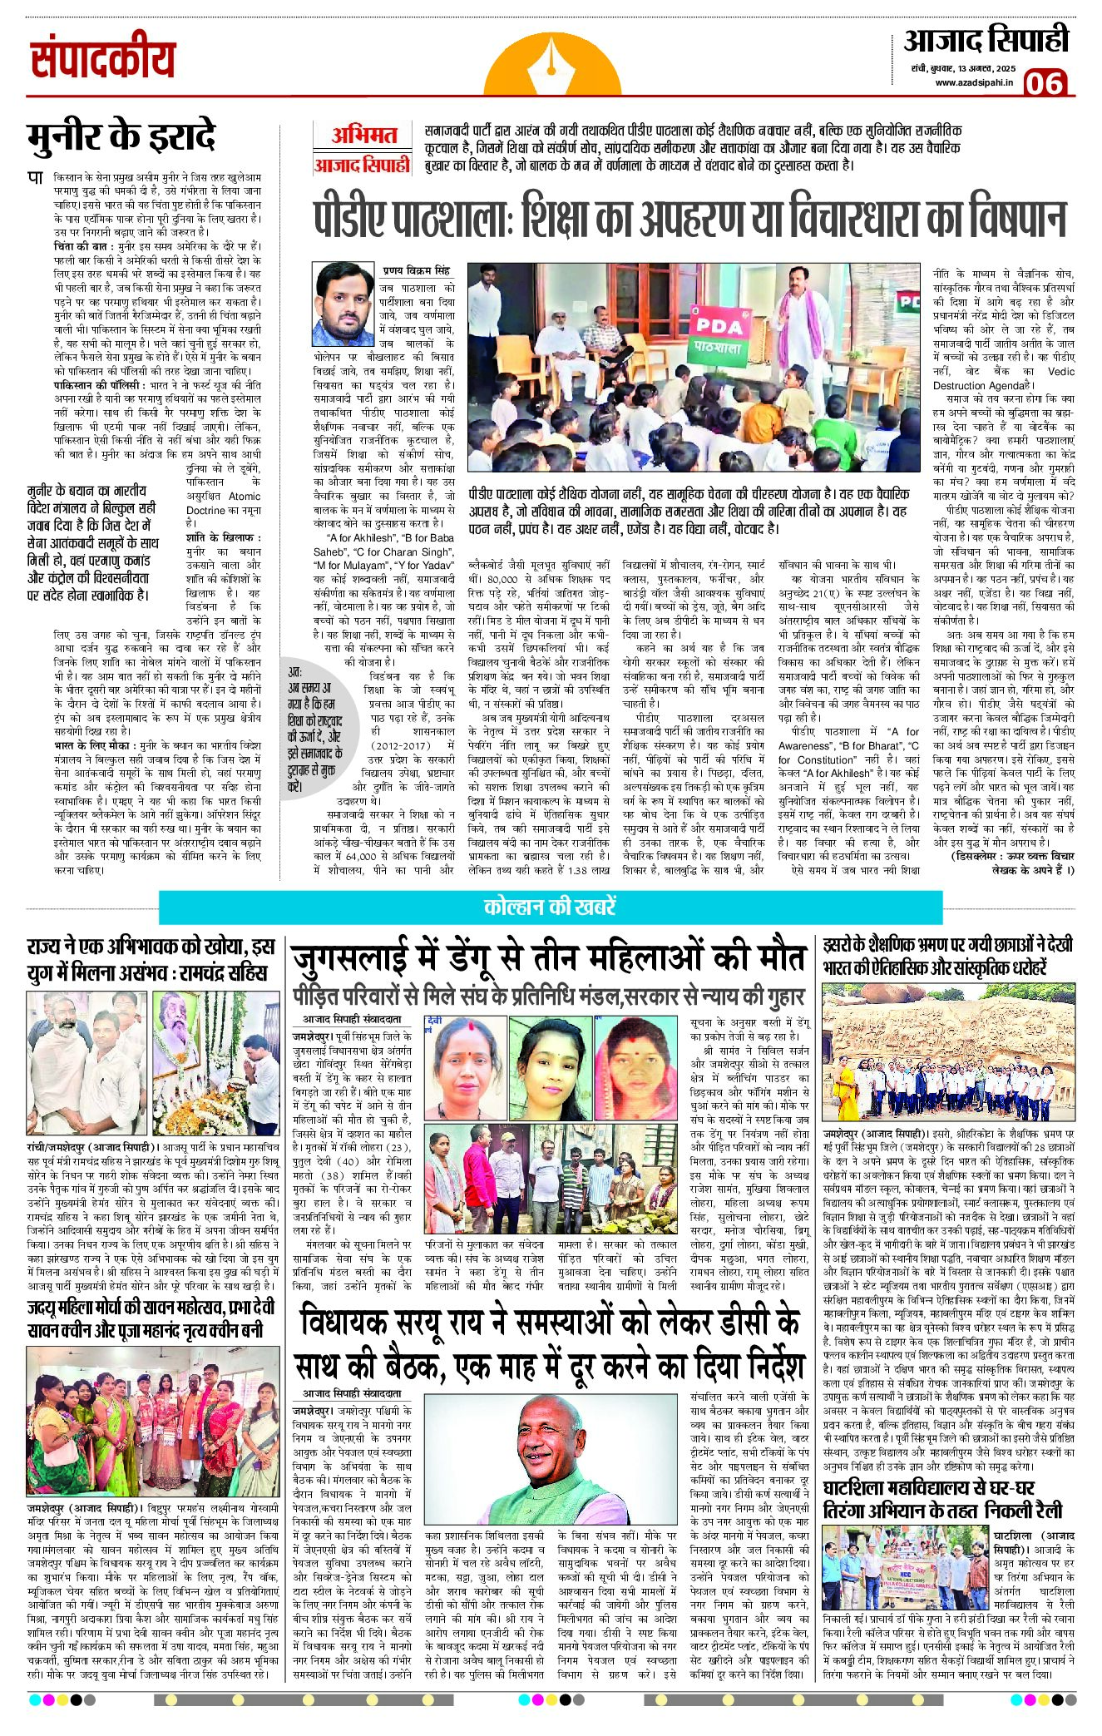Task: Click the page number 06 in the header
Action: (1045, 83)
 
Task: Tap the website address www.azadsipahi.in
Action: (974, 82)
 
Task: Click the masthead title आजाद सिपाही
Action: (986, 41)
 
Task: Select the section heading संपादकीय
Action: (103, 58)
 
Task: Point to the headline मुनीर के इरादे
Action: (121, 137)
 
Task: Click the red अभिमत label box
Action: (363, 135)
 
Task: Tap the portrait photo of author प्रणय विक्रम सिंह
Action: (343, 304)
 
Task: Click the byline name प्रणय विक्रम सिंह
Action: (416, 271)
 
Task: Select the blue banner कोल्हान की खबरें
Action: (550, 907)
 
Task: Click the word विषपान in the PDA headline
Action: (998, 220)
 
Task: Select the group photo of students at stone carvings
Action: (948, 1051)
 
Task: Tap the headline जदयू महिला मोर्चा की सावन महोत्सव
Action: (146, 1318)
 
